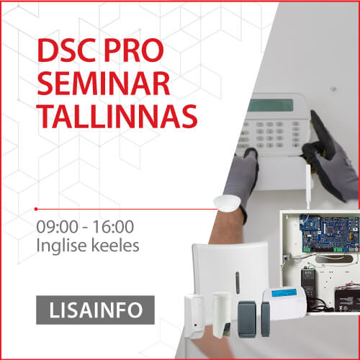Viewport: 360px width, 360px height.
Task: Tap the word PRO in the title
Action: (134, 50)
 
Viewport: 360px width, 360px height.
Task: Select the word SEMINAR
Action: (104, 83)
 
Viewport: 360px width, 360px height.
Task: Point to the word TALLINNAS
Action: (117, 116)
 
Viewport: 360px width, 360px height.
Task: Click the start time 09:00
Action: (57, 227)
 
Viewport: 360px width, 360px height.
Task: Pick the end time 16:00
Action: (113, 227)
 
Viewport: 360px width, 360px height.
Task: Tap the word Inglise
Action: (61, 246)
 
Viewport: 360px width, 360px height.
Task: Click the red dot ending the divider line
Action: (36, 209)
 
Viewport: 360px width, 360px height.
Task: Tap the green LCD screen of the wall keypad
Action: (271, 105)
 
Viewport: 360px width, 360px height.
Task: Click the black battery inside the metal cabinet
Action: (347, 300)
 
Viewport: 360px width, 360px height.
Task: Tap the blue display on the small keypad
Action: (284, 293)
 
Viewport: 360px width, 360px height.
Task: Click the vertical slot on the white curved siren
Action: (238, 283)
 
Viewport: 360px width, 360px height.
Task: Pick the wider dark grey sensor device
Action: (247, 319)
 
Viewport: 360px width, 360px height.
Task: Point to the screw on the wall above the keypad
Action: (333, 89)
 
